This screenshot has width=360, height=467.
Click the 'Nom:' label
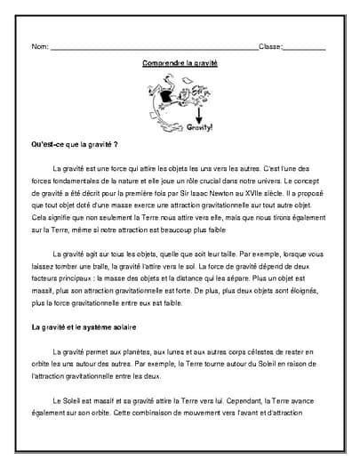pos(40,46)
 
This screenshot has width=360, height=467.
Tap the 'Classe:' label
pos(270,46)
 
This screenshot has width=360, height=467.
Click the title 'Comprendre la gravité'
pos(180,63)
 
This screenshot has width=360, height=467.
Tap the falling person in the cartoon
pos(168,97)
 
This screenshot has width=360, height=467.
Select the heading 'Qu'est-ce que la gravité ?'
pos(75,143)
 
